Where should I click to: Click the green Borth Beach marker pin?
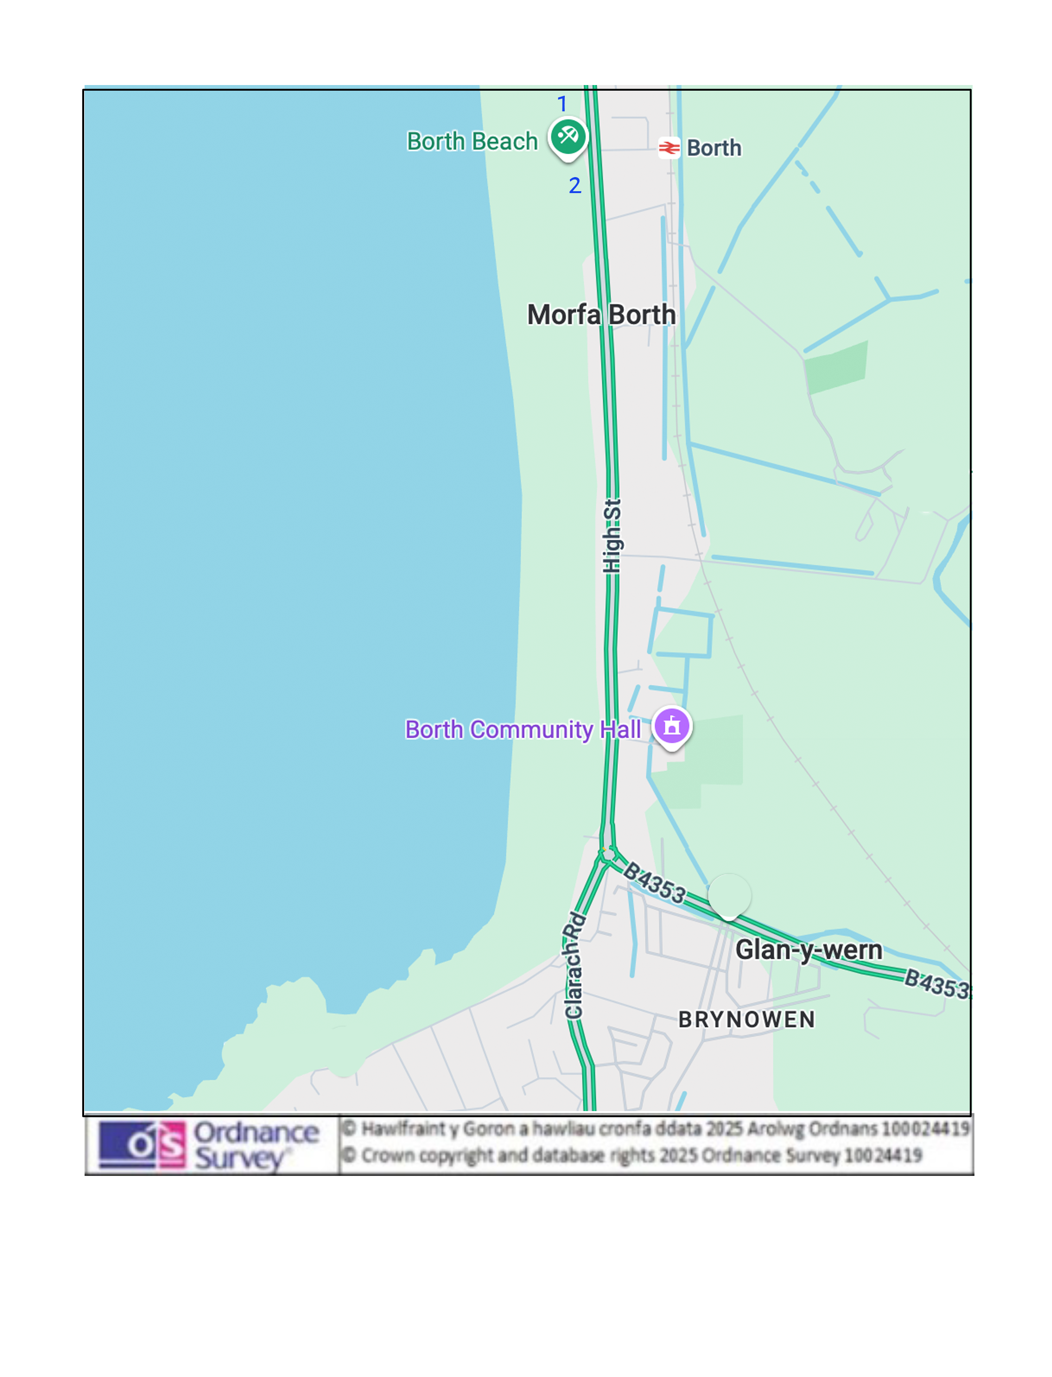[568, 137]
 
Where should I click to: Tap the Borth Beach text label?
[472, 141]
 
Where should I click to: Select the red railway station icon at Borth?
[669, 148]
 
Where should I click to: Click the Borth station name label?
[714, 148]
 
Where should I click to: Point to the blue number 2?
[575, 186]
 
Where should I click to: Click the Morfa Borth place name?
[601, 314]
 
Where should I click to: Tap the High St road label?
[612, 536]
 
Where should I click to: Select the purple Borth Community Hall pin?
[672, 726]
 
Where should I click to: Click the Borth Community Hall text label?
[523, 730]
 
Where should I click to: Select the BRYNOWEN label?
[747, 1019]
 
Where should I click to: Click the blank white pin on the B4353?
[729, 894]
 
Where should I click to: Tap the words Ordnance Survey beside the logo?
[256, 1145]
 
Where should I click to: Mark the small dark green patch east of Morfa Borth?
[836, 367]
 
